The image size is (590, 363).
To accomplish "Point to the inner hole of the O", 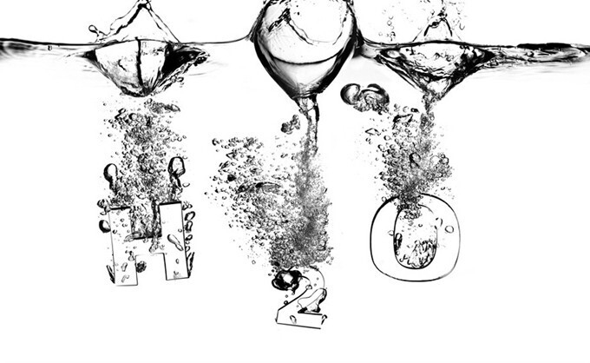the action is click(x=416, y=238).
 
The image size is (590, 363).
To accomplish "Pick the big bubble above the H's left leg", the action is click(x=111, y=173).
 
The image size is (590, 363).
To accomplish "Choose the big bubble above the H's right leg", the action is click(x=176, y=167).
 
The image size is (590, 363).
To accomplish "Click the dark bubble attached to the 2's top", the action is click(x=286, y=280).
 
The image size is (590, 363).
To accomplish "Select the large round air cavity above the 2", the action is click(x=305, y=45).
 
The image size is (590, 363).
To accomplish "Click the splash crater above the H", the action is click(x=142, y=66).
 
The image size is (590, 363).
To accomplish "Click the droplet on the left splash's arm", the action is click(x=93, y=29).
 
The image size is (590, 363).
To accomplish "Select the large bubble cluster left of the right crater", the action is click(x=364, y=97).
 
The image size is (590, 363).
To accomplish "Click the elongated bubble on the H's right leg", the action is click(x=175, y=241).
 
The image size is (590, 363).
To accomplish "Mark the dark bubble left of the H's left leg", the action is click(x=104, y=226).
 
